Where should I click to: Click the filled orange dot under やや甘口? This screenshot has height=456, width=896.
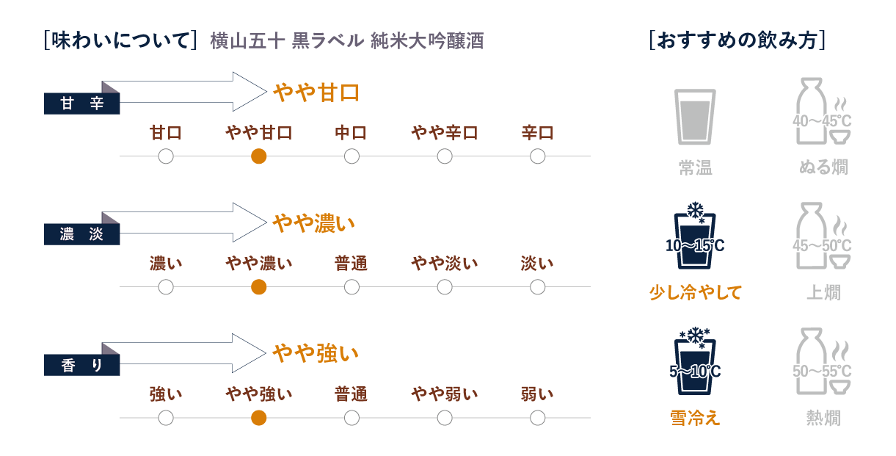tap(259, 156)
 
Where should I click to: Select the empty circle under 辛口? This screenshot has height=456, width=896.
tap(538, 156)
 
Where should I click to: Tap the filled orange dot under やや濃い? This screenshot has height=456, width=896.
tap(259, 287)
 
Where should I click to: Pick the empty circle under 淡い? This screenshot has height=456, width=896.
tap(538, 287)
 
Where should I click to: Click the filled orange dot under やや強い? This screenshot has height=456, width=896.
tap(259, 418)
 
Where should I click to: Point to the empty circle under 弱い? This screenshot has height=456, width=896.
tap(538, 418)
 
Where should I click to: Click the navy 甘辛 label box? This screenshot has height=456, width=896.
tap(82, 104)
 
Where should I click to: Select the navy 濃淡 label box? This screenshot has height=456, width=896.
tap(82, 234)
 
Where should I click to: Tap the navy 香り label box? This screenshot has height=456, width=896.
tap(82, 365)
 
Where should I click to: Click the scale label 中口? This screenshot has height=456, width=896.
tap(352, 133)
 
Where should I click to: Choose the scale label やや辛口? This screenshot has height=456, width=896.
tap(445, 133)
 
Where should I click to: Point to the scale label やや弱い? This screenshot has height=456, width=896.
tap(445, 394)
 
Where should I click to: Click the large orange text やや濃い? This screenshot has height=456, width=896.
tap(314, 223)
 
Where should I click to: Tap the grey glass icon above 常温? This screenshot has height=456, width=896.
tap(695, 117)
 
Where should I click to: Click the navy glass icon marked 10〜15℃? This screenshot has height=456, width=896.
tap(695, 236)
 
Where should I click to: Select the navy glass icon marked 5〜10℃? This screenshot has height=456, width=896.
tap(695, 361)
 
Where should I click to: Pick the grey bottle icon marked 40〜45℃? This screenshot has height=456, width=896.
tap(823, 111)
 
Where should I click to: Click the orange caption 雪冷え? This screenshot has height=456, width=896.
tap(695, 418)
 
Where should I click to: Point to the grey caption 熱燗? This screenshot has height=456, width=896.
tap(823, 418)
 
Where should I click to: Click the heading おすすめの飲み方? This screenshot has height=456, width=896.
tap(737, 40)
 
